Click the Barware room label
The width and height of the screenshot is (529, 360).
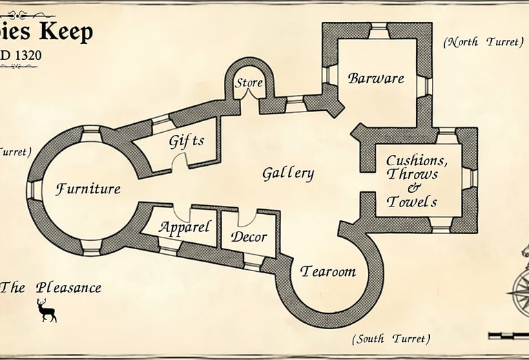pyautogui.click(x=375, y=78)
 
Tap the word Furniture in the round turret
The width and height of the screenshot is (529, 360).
pyautogui.click(x=88, y=189)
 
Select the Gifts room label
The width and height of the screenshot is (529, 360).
pyautogui.click(x=187, y=142)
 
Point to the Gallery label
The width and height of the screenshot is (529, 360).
pyautogui.click(x=288, y=173)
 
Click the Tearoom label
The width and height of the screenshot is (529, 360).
pyautogui.click(x=328, y=272)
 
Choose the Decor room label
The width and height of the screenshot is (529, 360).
pyautogui.click(x=249, y=237)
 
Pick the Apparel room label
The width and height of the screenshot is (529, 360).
pyautogui.click(x=185, y=227)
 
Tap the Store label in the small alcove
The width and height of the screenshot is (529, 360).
pyautogui.click(x=249, y=83)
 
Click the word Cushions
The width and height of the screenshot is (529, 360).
pyautogui.click(x=417, y=161)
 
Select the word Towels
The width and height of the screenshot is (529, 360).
pyautogui.click(x=413, y=202)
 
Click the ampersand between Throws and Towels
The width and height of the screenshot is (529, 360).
pyautogui.click(x=413, y=188)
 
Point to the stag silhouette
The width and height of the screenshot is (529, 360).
pyautogui.click(x=47, y=310)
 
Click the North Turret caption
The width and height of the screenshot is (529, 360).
pyautogui.click(x=483, y=42)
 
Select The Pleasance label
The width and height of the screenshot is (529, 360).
pyautogui.click(x=51, y=288)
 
